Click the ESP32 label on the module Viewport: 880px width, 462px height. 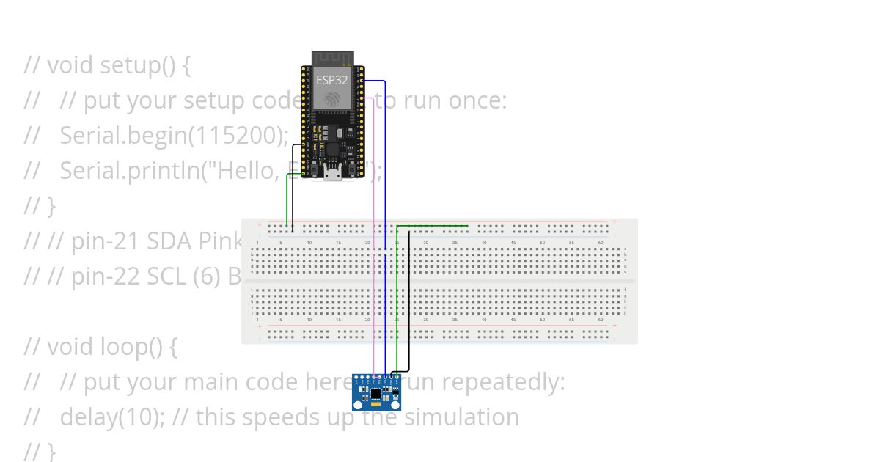point(331,80)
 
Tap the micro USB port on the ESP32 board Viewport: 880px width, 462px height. point(332,173)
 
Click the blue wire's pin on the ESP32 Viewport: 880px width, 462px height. point(362,81)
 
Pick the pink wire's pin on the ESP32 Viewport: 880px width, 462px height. point(362,98)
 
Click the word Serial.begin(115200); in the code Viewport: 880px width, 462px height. point(174,135)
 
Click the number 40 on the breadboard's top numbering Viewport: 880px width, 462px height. point(484,243)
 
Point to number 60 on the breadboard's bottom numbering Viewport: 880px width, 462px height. point(601,320)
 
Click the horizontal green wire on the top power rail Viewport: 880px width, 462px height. point(433,226)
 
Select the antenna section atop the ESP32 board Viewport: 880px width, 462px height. point(332,58)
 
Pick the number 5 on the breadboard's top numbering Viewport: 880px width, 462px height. point(281,243)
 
